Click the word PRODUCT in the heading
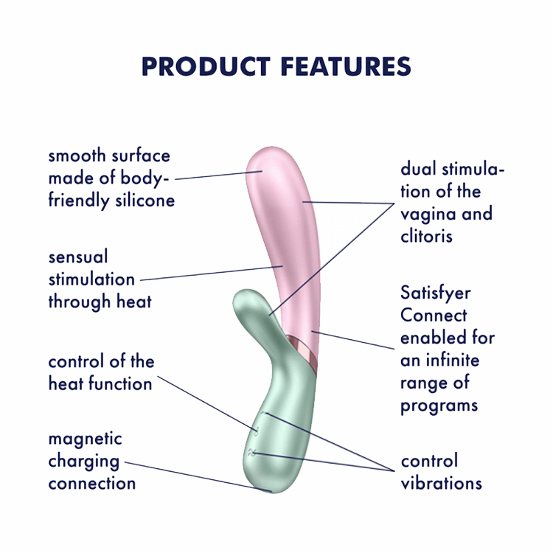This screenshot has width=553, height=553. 206,66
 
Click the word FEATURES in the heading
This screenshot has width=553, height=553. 346,66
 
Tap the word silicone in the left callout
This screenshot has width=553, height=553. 145,201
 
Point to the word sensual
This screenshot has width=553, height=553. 78,257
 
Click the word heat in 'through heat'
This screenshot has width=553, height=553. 134,302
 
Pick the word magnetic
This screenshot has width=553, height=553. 85,439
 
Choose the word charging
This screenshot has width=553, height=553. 83,462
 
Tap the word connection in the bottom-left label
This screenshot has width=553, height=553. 92,484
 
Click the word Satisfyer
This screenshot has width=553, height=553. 436,293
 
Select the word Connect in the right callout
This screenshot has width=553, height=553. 434,315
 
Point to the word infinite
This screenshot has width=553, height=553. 453,360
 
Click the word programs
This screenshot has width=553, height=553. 439,406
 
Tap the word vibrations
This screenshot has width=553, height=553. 441,483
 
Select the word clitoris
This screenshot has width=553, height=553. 426,236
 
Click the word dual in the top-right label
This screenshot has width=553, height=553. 419,169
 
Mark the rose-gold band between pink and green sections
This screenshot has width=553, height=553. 302,350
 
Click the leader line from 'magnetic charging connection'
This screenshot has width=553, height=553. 198,476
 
